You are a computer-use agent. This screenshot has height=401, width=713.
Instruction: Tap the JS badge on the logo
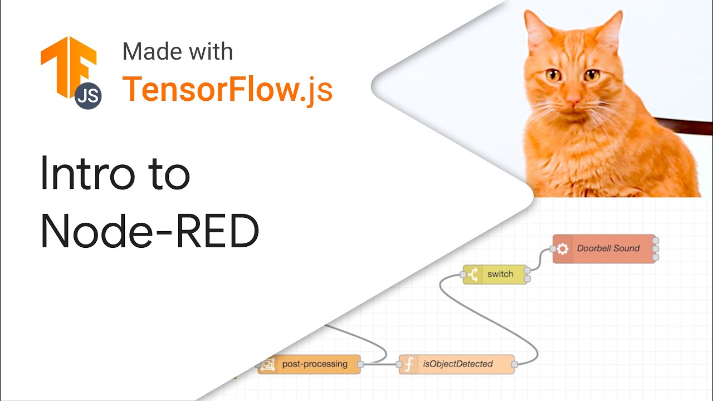point(88,95)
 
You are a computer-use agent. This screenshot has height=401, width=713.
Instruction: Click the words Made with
point(178,52)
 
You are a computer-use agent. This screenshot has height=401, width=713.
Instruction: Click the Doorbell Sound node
point(604,248)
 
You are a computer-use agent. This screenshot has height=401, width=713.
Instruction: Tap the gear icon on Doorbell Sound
point(562,249)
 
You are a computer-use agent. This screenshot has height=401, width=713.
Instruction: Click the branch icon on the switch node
point(472,275)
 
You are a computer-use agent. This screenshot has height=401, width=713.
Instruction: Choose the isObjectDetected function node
point(457,364)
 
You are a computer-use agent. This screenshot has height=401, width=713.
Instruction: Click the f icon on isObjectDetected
point(408,364)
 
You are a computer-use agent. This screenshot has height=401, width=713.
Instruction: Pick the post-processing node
point(310,364)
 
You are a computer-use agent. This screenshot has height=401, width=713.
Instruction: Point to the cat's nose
point(572,101)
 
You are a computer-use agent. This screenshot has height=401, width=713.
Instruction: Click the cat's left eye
point(553,75)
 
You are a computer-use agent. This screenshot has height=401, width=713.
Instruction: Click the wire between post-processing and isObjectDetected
point(380,365)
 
